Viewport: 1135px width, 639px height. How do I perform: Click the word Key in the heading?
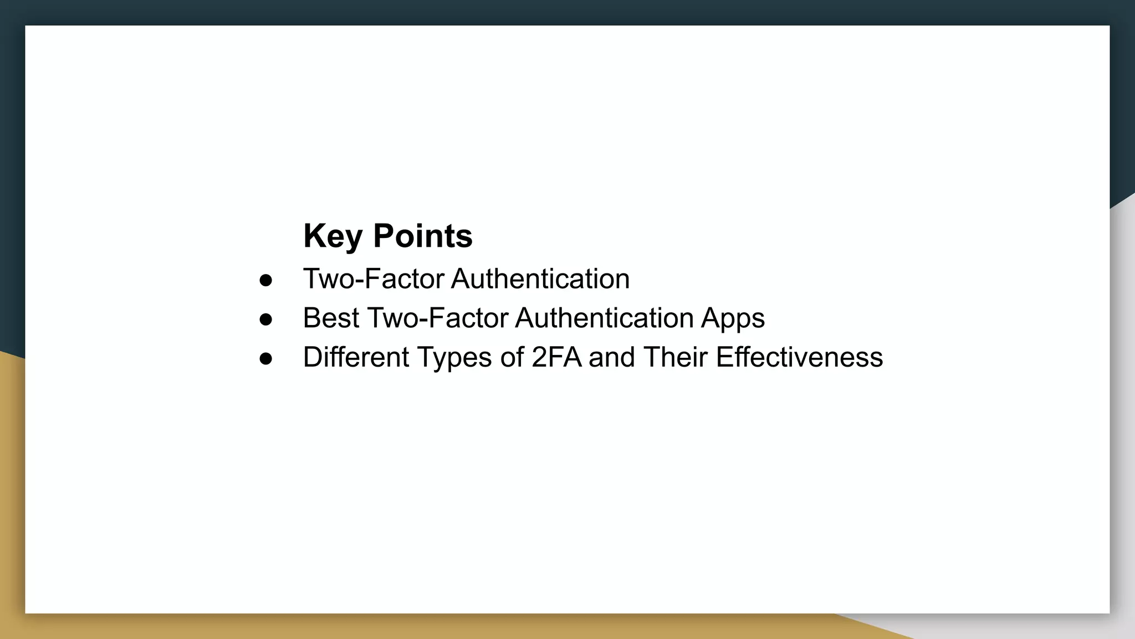point(332,236)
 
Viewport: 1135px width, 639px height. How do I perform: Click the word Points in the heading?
point(422,236)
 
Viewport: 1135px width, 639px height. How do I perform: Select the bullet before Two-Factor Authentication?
point(266,280)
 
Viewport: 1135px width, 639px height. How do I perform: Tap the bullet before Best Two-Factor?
point(266,319)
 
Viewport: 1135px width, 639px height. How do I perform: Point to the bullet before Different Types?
point(266,358)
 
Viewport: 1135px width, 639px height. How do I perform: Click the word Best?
point(331,318)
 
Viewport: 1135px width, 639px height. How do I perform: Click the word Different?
point(356,357)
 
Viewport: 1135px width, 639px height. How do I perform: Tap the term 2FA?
point(556,357)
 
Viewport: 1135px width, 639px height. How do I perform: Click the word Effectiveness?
point(799,357)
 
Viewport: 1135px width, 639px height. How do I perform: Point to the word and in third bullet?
point(611,357)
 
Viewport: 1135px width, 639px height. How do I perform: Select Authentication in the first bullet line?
point(540,279)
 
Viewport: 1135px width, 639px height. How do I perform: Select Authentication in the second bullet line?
point(604,318)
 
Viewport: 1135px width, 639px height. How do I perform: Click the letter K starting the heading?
point(313,236)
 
